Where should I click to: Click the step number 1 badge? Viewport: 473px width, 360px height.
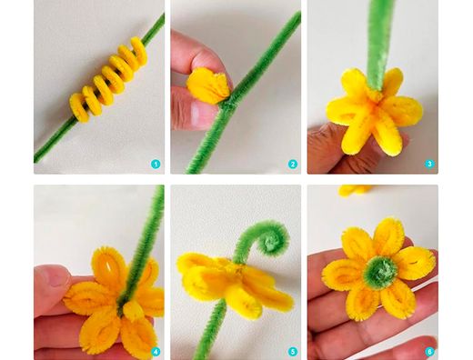pyautogui.click(x=156, y=165)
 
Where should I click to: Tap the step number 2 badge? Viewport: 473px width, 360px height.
pyautogui.click(x=293, y=165)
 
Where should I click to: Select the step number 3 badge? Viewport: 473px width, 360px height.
pyautogui.click(x=429, y=164)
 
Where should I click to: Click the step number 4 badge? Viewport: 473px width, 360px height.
pyautogui.click(x=156, y=352)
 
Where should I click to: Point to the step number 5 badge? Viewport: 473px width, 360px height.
pyautogui.click(x=293, y=352)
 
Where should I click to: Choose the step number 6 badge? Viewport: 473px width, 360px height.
pyautogui.click(x=429, y=352)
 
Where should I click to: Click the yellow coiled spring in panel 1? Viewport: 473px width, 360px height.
pyautogui.click(x=108, y=80)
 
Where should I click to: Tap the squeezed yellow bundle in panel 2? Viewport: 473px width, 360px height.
pyautogui.click(x=208, y=85)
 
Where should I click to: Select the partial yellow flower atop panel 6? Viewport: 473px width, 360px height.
pyautogui.click(x=355, y=190)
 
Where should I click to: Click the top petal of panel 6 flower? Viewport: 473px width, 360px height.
pyautogui.click(x=388, y=236)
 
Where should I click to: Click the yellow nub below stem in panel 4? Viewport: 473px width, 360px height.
pyautogui.click(x=132, y=310)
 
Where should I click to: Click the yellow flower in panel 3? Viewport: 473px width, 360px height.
pyautogui.click(x=374, y=112)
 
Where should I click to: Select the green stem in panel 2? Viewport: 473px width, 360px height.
pyautogui.click(x=239, y=94)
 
